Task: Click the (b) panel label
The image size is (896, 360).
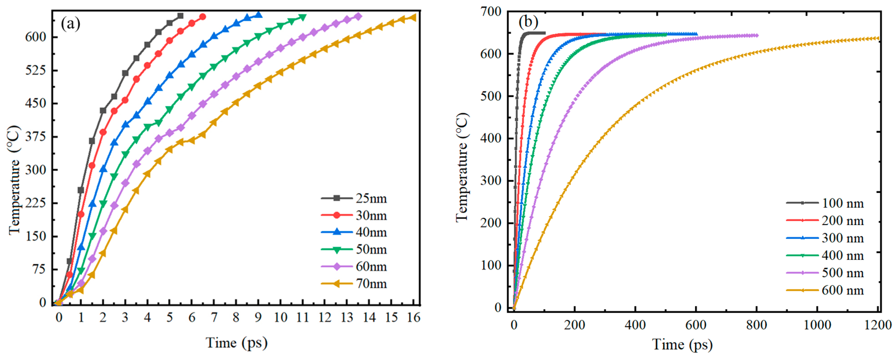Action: tap(528, 22)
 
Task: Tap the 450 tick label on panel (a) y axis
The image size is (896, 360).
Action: tap(36, 103)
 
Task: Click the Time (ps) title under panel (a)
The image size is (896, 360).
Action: tap(236, 343)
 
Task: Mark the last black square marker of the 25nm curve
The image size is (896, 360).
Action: tap(180, 16)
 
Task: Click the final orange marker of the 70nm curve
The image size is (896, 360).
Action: tap(413, 17)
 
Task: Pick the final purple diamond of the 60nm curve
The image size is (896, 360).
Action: tap(358, 16)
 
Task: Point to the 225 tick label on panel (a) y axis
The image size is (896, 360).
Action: tap(36, 203)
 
